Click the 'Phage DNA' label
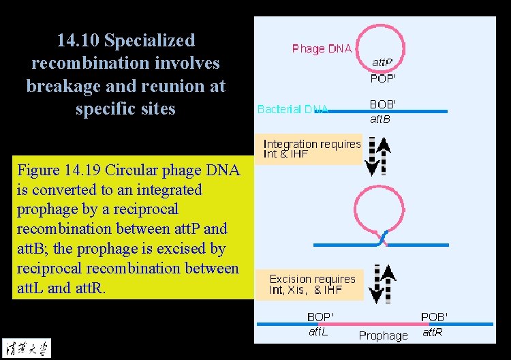pos(322,48)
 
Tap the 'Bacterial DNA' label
pos(293,109)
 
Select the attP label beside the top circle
pos(382,63)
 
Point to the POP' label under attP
pos(384,78)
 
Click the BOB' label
pos(383,105)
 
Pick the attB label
pos(380,120)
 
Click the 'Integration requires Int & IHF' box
pos(312,149)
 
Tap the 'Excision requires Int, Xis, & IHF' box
pos(312,284)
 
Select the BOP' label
pos(320,317)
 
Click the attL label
pos(318,332)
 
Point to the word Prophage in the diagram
pos(383,335)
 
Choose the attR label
pos(433,332)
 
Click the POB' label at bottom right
pos(434,317)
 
